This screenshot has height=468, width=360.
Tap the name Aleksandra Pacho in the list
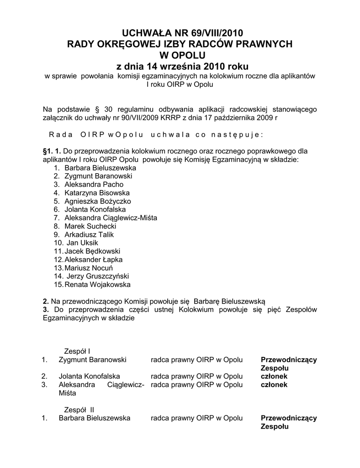coord(94,184)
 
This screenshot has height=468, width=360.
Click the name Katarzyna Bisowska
coord(97,193)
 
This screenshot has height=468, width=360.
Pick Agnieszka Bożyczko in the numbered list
coord(98,201)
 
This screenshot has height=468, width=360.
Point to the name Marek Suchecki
coord(90,226)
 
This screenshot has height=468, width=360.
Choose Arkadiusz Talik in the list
coord(89,234)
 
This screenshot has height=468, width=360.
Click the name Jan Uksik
coord(83,243)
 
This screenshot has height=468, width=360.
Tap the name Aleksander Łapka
coord(94,260)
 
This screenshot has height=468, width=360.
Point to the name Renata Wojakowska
coord(97,285)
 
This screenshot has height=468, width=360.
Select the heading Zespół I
coord(76,351)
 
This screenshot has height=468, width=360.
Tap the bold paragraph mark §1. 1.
coord(52,151)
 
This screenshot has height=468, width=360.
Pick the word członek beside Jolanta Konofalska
coord(274,376)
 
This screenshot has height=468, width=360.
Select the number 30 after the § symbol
coord(108,109)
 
